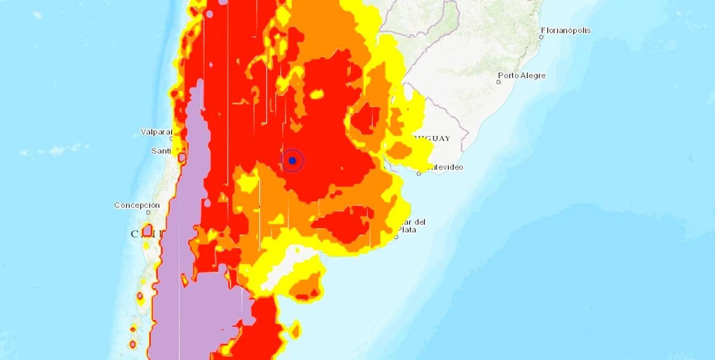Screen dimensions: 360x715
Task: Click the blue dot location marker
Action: pyautogui.click(x=293, y=160)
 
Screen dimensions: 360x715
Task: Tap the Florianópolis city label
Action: pyautogui.click(x=565, y=30)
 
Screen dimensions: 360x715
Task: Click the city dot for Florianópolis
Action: pyautogui.click(x=541, y=37)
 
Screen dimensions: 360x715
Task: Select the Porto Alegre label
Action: pyautogui.click(x=521, y=75)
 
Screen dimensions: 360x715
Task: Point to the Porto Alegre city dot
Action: pyautogui.click(x=498, y=82)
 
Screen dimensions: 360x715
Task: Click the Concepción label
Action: pyautogui.click(x=137, y=205)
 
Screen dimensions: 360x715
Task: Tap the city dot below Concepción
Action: pyautogui.click(x=148, y=212)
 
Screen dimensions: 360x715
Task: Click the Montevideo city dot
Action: pyautogui.click(x=419, y=174)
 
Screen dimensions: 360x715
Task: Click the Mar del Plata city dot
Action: pyautogui.click(x=396, y=237)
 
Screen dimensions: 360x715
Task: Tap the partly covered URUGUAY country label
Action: pyautogui.click(x=436, y=138)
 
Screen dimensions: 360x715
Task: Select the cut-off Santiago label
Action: pyautogui.click(x=161, y=151)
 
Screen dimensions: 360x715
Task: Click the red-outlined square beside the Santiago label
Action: pyautogui.click(x=182, y=158)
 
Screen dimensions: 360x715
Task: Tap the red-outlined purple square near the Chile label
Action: pyautogui.click(x=147, y=230)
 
